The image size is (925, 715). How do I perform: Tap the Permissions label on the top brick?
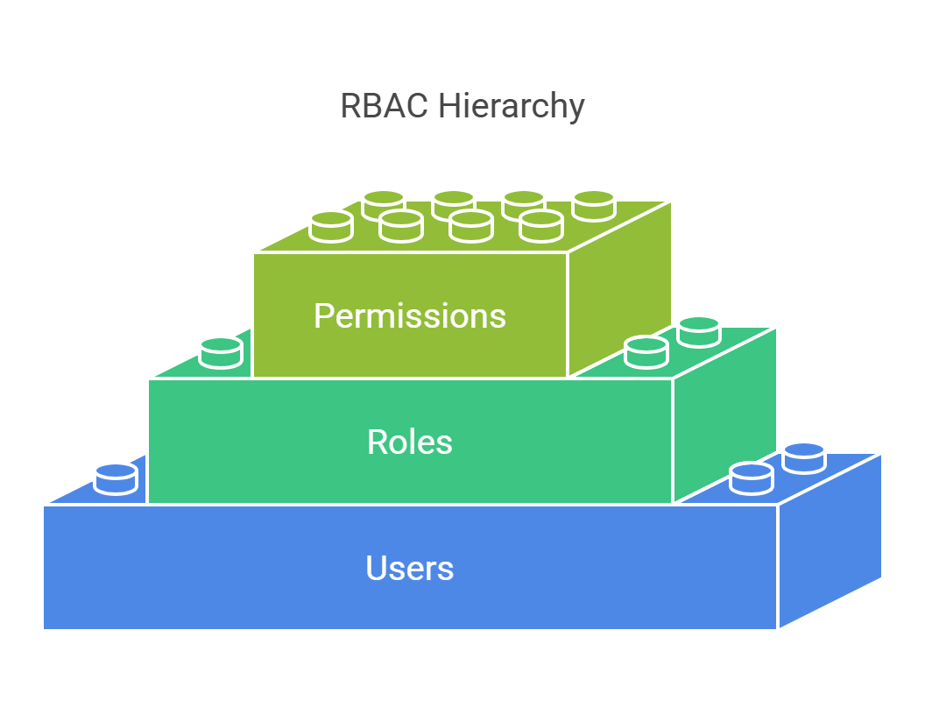tap(410, 315)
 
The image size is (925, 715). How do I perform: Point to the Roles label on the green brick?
tap(410, 442)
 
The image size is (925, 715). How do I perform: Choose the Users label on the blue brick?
tap(410, 569)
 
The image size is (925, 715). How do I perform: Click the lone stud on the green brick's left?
tap(221, 352)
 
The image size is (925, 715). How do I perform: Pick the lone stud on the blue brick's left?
tap(116, 478)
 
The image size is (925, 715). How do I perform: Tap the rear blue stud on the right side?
tap(803, 458)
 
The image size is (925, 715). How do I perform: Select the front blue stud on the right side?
tap(751, 478)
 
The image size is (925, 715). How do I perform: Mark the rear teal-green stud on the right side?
tap(698, 331)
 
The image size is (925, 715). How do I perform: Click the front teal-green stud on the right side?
tap(646, 351)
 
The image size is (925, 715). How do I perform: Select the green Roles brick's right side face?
tap(724, 412)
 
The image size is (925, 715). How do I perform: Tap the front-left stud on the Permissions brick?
tap(331, 226)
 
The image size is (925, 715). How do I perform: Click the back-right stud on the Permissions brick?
tap(593, 205)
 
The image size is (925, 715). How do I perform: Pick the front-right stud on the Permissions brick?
tap(540, 225)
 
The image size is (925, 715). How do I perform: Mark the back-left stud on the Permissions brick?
tap(383, 205)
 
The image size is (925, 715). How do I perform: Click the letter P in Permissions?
tap(323, 315)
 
